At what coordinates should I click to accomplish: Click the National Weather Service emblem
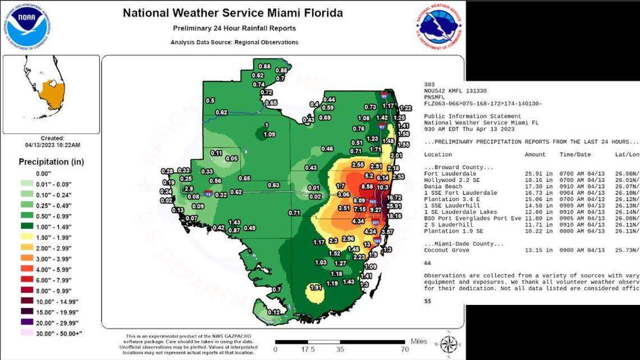coord(441,27)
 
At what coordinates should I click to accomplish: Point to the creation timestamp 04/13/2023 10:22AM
coord(52,145)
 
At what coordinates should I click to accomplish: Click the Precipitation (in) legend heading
coord(52,162)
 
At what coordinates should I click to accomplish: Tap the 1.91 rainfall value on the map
coord(316,287)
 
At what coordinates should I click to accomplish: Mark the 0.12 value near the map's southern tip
coord(273,312)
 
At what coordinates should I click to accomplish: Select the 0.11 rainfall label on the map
coord(216,153)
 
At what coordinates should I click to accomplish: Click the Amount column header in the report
coord(535,154)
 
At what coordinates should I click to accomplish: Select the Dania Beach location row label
coord(443,186)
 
